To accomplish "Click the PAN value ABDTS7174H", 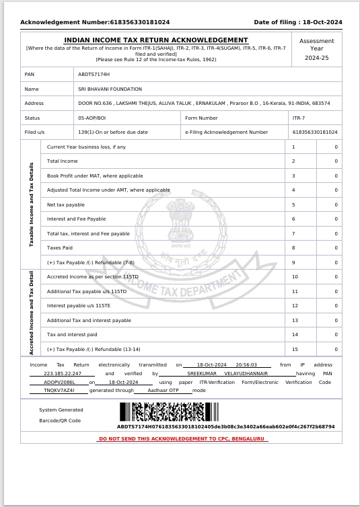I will point(94,74).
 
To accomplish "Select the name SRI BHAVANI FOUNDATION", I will point(110,89).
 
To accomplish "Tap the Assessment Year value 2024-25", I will point(316,58).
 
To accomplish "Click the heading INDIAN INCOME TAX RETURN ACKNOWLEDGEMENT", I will point(155,40).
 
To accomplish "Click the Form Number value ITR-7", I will point(299,118).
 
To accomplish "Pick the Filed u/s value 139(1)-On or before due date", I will point(112,132).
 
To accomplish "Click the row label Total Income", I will point(62,161).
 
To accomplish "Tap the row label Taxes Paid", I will point(61,248).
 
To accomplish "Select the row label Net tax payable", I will point(66,204).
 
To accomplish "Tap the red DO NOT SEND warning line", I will point(183,438).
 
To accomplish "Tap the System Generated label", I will point(61,409).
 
